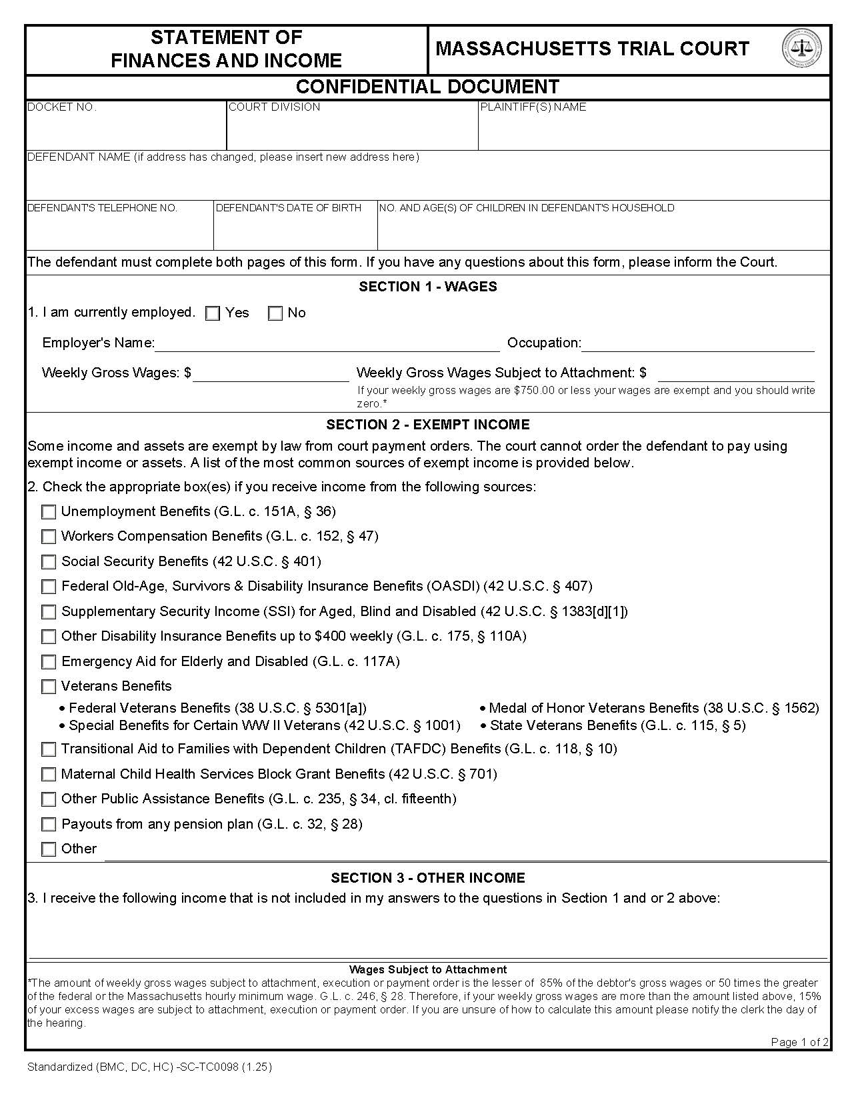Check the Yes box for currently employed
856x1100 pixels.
point(213,313)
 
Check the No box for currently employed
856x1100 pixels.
point(275,313)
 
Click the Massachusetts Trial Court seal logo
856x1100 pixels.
point(801,49)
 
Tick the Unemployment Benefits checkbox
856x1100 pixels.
point(49,512)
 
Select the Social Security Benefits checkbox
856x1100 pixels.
point(49,562)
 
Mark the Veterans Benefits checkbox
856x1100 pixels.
point(49,687)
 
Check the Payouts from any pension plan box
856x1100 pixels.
point(49,825)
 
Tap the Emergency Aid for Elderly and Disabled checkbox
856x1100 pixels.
point(49,662)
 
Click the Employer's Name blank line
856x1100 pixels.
point(327,344)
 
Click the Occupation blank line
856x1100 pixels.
point(697,344)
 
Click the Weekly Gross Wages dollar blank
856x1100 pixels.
point(271,374)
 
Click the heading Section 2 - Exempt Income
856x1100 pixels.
point(428,425)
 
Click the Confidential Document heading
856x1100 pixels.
point(427,87)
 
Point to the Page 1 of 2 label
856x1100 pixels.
point(799,1042)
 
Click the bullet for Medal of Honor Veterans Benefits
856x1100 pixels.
point(483,709)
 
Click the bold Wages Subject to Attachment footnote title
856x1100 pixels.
point(427,969)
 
